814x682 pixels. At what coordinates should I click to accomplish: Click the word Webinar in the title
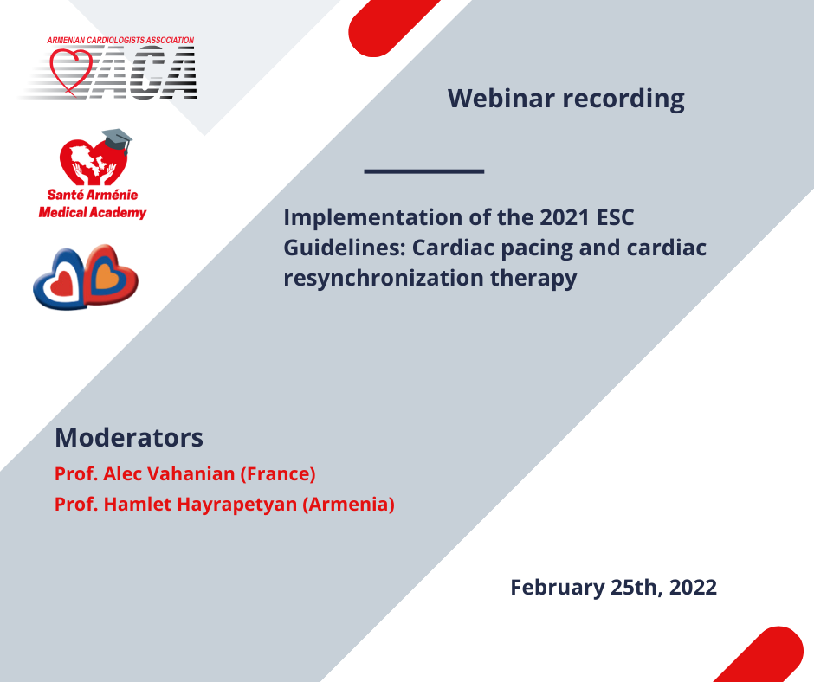point(501,98)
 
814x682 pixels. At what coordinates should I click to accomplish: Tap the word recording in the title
point(623,100)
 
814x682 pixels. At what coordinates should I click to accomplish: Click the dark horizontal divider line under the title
point(424,170)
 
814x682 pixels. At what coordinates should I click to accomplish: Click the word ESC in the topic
point(615,217)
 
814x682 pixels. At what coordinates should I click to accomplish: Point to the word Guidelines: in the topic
point(344,248)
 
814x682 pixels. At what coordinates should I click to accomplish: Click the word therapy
point(533,278)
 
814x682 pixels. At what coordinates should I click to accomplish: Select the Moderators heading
point(129,438)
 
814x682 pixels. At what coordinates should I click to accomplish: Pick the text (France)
point(278,474)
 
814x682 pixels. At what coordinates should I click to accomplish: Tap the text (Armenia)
point(348,504)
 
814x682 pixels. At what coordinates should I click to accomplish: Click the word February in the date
point(557,588)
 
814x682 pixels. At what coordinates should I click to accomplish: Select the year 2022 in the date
point(693,588)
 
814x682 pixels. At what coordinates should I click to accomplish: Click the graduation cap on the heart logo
point(117,139)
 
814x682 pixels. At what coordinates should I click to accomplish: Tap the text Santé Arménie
point(93,195)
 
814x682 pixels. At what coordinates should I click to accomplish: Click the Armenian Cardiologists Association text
point(120,40)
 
